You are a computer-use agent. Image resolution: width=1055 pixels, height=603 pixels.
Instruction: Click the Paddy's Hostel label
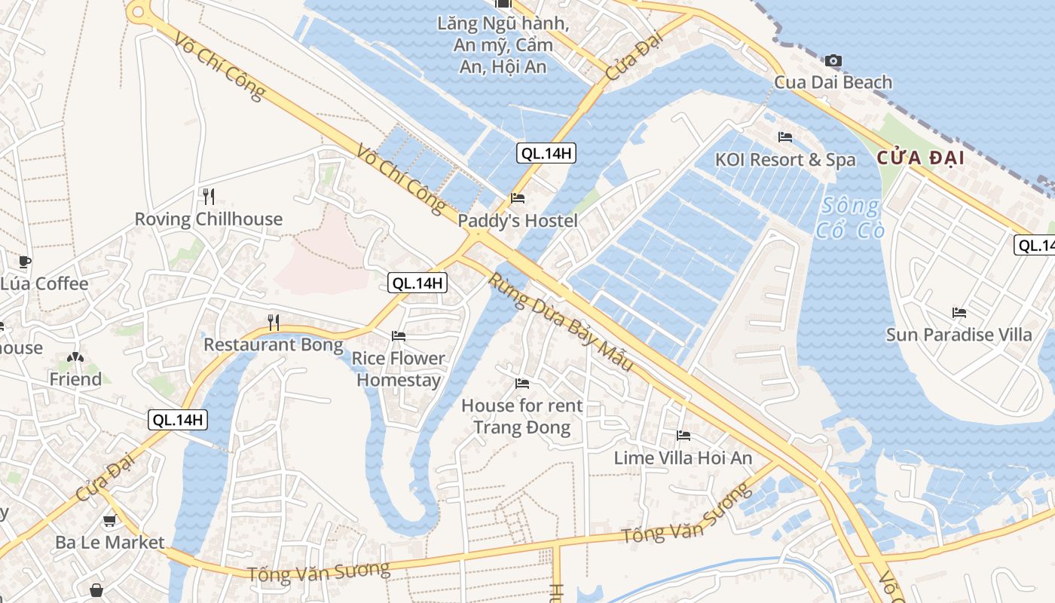pos(518,221)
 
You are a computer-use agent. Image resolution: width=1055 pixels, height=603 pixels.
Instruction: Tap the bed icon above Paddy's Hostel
pos(518,199)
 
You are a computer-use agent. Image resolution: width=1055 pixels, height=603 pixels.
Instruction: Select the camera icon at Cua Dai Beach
pos(833,60)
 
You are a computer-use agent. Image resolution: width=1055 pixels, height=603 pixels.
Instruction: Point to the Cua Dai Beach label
pos(833,82)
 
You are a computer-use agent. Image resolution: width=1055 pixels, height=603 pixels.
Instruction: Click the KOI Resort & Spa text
pos(785,160)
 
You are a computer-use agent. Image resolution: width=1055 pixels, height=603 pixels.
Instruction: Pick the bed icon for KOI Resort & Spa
pos(785,137)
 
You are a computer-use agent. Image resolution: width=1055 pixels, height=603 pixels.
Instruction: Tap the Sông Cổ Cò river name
pos(850,217)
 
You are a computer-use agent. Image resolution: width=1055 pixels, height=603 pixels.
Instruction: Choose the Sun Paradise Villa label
pos(959,335)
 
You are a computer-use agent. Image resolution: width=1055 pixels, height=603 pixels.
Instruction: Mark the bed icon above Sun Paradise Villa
pos(959,312)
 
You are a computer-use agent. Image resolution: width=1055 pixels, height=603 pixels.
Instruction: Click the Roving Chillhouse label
pos(208,219)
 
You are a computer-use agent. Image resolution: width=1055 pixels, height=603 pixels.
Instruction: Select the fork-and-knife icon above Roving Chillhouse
pos(209,197)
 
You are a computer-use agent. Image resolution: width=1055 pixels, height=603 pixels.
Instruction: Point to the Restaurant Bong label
pos(274,345)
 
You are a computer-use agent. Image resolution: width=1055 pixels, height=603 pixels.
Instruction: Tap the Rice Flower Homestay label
pos(399,369)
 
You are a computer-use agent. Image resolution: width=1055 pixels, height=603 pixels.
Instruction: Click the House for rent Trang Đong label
pos(521,417)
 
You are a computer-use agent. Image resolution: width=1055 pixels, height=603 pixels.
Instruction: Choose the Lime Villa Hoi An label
pos(683,458)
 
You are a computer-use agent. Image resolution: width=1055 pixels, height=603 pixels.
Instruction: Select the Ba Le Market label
pos(109,542)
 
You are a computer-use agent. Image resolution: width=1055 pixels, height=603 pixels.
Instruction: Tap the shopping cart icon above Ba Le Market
pos(109,520)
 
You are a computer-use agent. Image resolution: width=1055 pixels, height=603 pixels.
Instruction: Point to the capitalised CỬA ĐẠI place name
pos(920,158)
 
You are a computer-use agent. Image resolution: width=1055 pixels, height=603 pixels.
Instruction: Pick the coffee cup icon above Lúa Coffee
pos(24,262)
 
